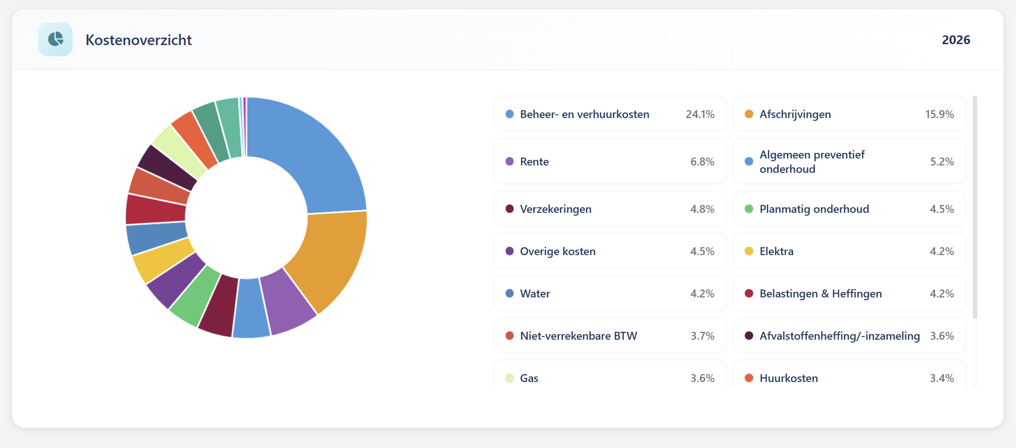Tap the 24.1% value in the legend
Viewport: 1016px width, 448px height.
(700, 114)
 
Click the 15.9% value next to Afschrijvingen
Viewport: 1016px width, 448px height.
(939, 114)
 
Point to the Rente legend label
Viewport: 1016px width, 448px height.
(534, 162)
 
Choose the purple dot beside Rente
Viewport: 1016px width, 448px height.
(509, 162)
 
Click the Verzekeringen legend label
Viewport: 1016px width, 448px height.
(555, 209)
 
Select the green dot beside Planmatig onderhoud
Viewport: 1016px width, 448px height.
(749, 209)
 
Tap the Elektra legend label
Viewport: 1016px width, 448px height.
(776, 251)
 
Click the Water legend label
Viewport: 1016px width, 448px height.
(535, 294)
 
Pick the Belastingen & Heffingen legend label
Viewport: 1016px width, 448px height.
(821, 294)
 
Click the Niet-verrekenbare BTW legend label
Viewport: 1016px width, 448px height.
(578, 336)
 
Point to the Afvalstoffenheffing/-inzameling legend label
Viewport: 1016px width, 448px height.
(839, 336)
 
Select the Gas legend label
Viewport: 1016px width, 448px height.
(529, 378)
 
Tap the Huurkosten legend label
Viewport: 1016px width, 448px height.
(789, 378)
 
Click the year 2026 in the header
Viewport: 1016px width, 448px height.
(956, 40)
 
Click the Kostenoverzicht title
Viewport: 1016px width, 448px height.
(139, 40)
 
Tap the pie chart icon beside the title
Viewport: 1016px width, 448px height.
(55, 40)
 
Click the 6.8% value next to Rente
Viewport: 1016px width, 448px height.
(702, 162)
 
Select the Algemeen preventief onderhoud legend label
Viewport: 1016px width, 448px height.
(812, 162)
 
